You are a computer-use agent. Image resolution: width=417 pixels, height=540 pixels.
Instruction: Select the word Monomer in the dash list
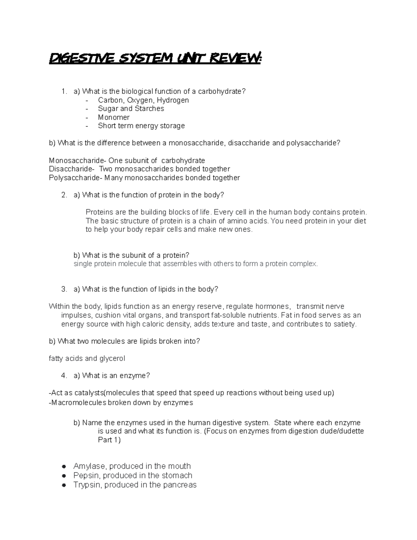(x=114, y=117)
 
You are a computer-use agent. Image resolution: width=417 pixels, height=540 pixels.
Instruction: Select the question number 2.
(x=64, y=195)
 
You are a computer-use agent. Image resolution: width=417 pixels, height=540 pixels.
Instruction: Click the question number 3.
(x=64, y=289)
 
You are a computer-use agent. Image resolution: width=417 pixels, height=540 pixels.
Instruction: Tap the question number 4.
(x=64, y=376)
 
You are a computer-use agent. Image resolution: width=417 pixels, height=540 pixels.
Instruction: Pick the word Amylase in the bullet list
(x=87, y=466)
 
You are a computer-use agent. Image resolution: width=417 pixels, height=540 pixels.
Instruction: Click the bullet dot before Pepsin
(x=64, y=476)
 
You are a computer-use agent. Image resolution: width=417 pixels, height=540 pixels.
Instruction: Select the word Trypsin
(x=87, y=485)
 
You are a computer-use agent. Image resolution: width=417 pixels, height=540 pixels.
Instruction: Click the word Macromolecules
(x=78, y=403)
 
